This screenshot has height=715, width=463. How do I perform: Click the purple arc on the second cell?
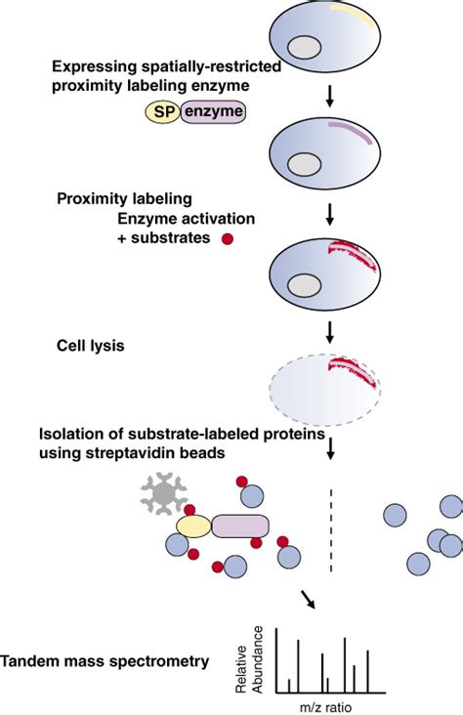click(350, 132)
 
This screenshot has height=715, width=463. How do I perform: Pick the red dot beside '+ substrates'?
click(228, 237)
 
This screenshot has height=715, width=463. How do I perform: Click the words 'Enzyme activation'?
click(179, 218)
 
